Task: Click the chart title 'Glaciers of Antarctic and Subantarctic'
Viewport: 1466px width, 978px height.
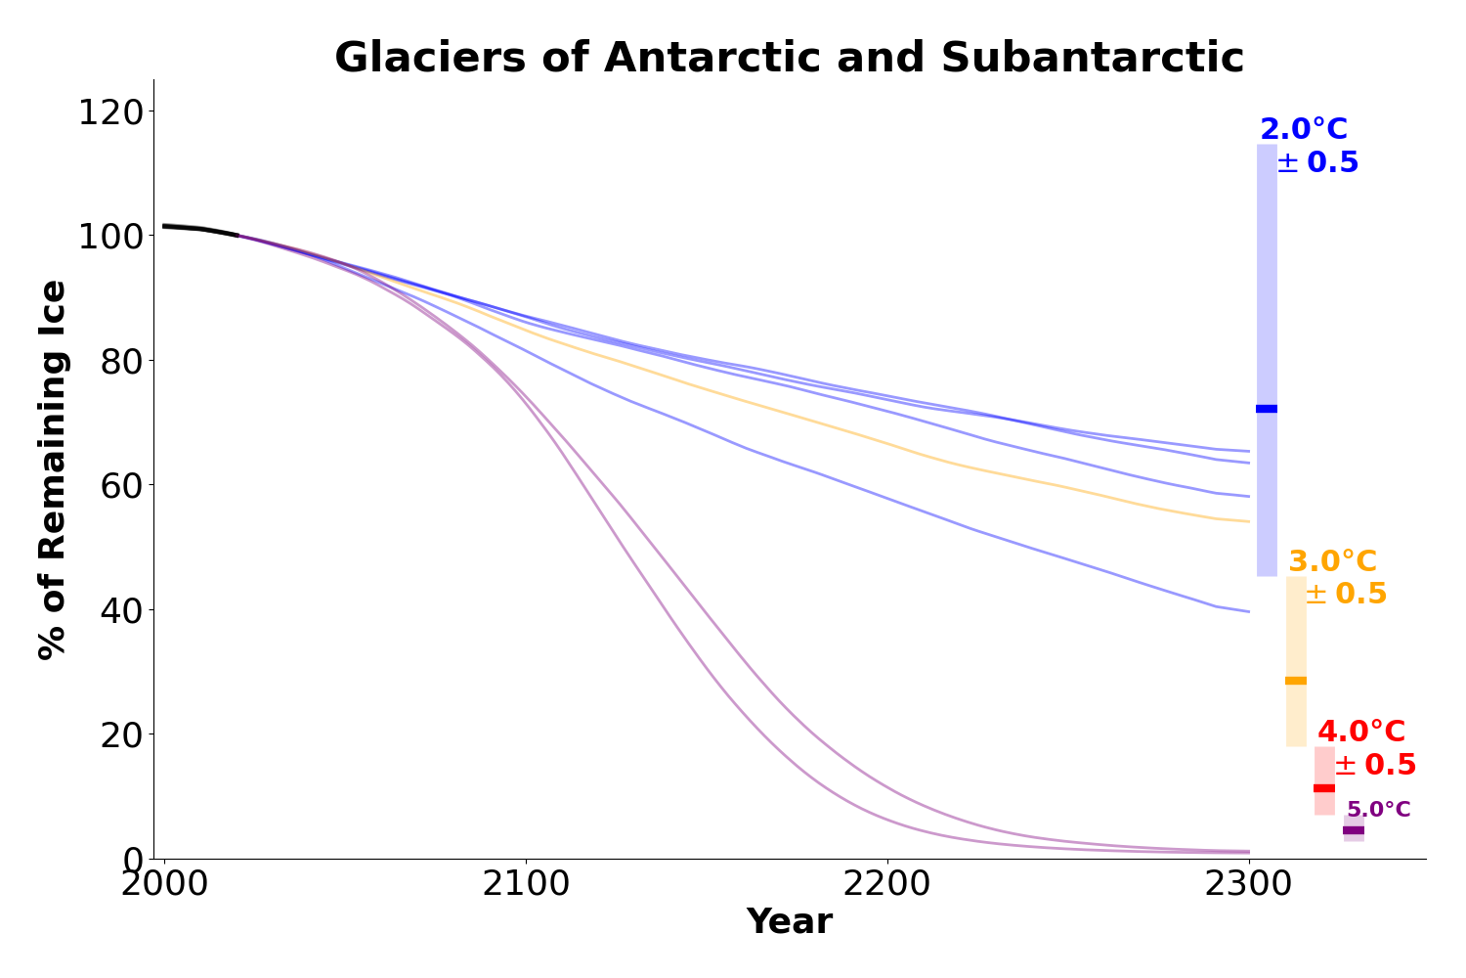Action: [789, 58]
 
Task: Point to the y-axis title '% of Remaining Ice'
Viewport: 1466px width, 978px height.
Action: [53, 469]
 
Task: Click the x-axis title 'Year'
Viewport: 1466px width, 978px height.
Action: [789, 921]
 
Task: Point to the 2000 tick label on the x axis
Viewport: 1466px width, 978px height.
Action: [164, 884]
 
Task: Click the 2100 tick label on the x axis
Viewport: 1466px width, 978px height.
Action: [526, 884]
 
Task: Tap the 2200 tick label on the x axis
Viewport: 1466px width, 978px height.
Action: [887, 884]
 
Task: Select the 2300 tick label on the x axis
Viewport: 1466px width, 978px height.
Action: [1249, 884]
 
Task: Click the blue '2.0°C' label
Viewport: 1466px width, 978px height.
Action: [1304, 130]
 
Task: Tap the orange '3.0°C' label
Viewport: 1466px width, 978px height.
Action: [1332, 562]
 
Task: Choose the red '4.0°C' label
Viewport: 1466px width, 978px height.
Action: [1361, 733]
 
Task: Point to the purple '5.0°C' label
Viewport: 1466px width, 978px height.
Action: [1378, 810]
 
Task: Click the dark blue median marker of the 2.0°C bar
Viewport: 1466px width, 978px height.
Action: [1267, 409]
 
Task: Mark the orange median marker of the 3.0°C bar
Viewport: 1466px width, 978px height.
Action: [1296, 681]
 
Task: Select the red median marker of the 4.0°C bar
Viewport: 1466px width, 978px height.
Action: [1324, 788]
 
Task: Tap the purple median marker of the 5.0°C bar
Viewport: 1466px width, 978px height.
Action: [1354, 830]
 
